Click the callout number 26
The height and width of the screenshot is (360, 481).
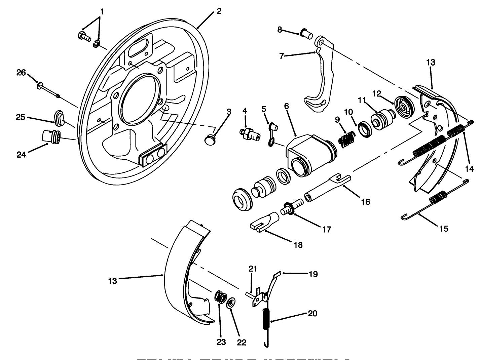21,73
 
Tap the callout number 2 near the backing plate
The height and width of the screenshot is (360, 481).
219,11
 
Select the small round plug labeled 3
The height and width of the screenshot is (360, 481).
211,139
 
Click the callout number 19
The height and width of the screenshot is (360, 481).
313,274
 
